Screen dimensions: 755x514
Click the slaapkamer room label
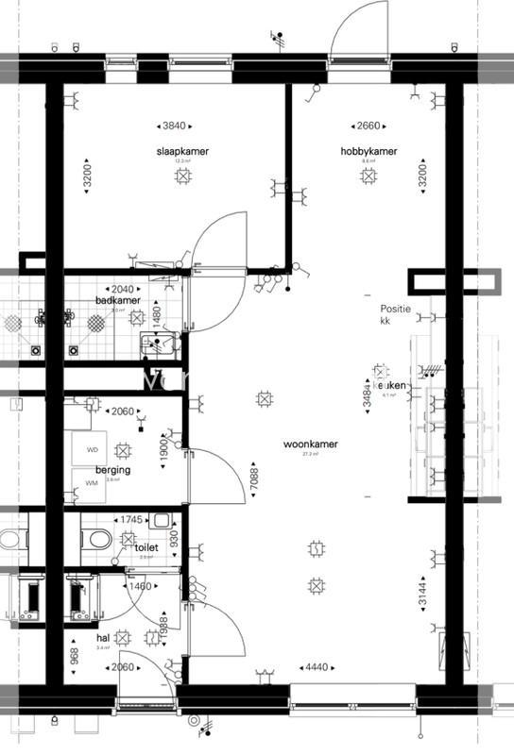point(182,151)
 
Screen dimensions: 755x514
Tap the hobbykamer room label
point(368,151)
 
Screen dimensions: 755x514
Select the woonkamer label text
point(310,444)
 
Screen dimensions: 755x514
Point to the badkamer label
point(117,300)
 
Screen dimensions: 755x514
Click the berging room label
point(112,469)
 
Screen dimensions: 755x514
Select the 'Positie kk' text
point(396,315)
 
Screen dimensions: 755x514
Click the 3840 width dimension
point(174,126)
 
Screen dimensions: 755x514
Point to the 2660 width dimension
point(368,126)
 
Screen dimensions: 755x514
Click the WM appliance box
point(92,483)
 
